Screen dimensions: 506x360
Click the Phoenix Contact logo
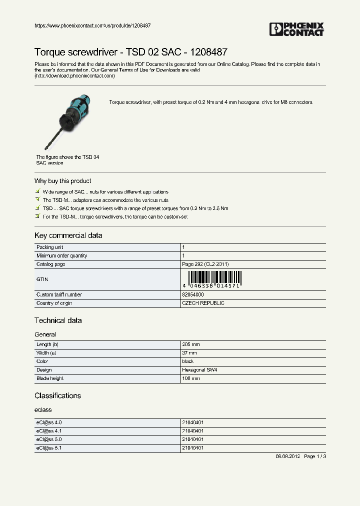click(296, 29)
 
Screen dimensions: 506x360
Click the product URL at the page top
click(92, 25)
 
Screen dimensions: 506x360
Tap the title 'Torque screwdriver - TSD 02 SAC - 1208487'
click(131, 52)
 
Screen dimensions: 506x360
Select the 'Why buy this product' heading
click(62, 181)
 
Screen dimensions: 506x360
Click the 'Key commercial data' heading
click(68, 235)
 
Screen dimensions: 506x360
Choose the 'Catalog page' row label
click(50, 264)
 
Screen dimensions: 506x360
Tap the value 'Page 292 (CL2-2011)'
click(205, 264)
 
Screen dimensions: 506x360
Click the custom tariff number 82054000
click(192, 295)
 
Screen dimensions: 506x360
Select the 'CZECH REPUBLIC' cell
click(203, 303)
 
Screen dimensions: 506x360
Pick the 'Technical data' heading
click(58, 320)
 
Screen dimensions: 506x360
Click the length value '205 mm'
click(190, 345)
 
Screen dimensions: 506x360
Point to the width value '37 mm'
click(189, 353)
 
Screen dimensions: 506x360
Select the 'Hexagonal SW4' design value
click(199, 370)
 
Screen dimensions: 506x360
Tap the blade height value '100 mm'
click(190, 378)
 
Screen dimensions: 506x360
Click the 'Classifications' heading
click(57, 395)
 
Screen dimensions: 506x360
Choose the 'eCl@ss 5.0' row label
click(49, 439)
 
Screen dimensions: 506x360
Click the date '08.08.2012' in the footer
click(287, 456)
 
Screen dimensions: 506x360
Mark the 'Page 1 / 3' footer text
click(315, 456)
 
